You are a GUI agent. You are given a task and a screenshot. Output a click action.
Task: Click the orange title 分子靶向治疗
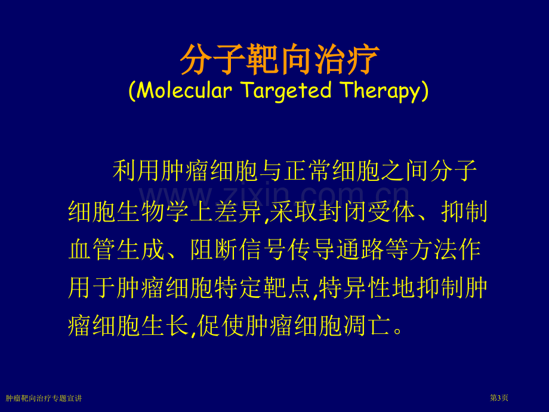click(279, 60)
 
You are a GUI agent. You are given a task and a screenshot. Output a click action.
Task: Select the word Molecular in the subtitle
click(184, 90)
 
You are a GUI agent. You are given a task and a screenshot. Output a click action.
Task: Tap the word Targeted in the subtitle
click(286, 91)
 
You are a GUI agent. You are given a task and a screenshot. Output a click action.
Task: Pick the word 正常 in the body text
click(307, 171)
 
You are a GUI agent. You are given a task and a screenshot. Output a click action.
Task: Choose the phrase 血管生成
click(116, 250)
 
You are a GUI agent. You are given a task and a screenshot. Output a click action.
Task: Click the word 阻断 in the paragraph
click(214, 250)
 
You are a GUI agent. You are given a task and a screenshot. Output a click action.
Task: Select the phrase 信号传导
click(287, 250)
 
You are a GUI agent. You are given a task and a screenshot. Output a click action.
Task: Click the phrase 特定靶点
click(263, 288)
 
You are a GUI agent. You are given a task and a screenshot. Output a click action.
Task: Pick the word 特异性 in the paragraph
click(354, 288)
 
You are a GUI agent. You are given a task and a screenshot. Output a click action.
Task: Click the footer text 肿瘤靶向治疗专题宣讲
click(44, 398)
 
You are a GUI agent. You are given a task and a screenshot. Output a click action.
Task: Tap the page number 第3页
click(499, 398)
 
